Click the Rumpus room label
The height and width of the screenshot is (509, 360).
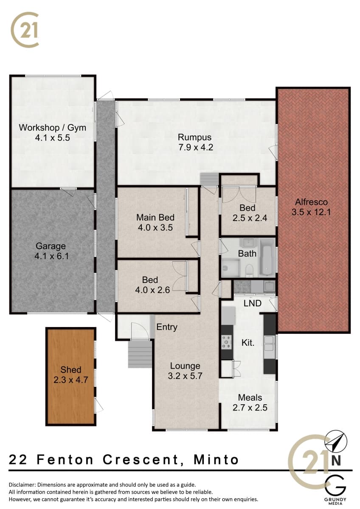[x=194, y=137]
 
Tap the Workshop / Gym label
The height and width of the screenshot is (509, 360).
[x=53, y=128]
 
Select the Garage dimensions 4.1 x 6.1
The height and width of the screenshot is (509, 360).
[x=52, y=256]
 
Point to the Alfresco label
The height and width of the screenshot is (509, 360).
[x=311, y=202]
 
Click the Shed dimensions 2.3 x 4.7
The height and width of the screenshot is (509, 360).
[x=71, y=380]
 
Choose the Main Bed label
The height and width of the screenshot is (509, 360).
[x=155, y=218]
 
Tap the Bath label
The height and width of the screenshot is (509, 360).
[x=247, y=253]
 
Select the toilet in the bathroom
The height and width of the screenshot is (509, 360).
[x=250, y=270]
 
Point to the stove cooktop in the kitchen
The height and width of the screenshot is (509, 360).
[x=227, y=341]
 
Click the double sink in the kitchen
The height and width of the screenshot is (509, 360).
[x=270, y=343]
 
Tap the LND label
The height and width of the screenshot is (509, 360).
[x=253, y=303]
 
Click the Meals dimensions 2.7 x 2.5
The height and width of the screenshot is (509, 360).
[x=250, y=408]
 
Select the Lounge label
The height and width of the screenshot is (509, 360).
[x=185, y=366]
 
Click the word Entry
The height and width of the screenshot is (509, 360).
[x=167, y=327]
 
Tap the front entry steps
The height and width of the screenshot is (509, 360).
[x=140, y=354]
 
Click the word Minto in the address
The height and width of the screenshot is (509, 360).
[x=216, y=459]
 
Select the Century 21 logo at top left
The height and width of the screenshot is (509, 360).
[x=25, y=30]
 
